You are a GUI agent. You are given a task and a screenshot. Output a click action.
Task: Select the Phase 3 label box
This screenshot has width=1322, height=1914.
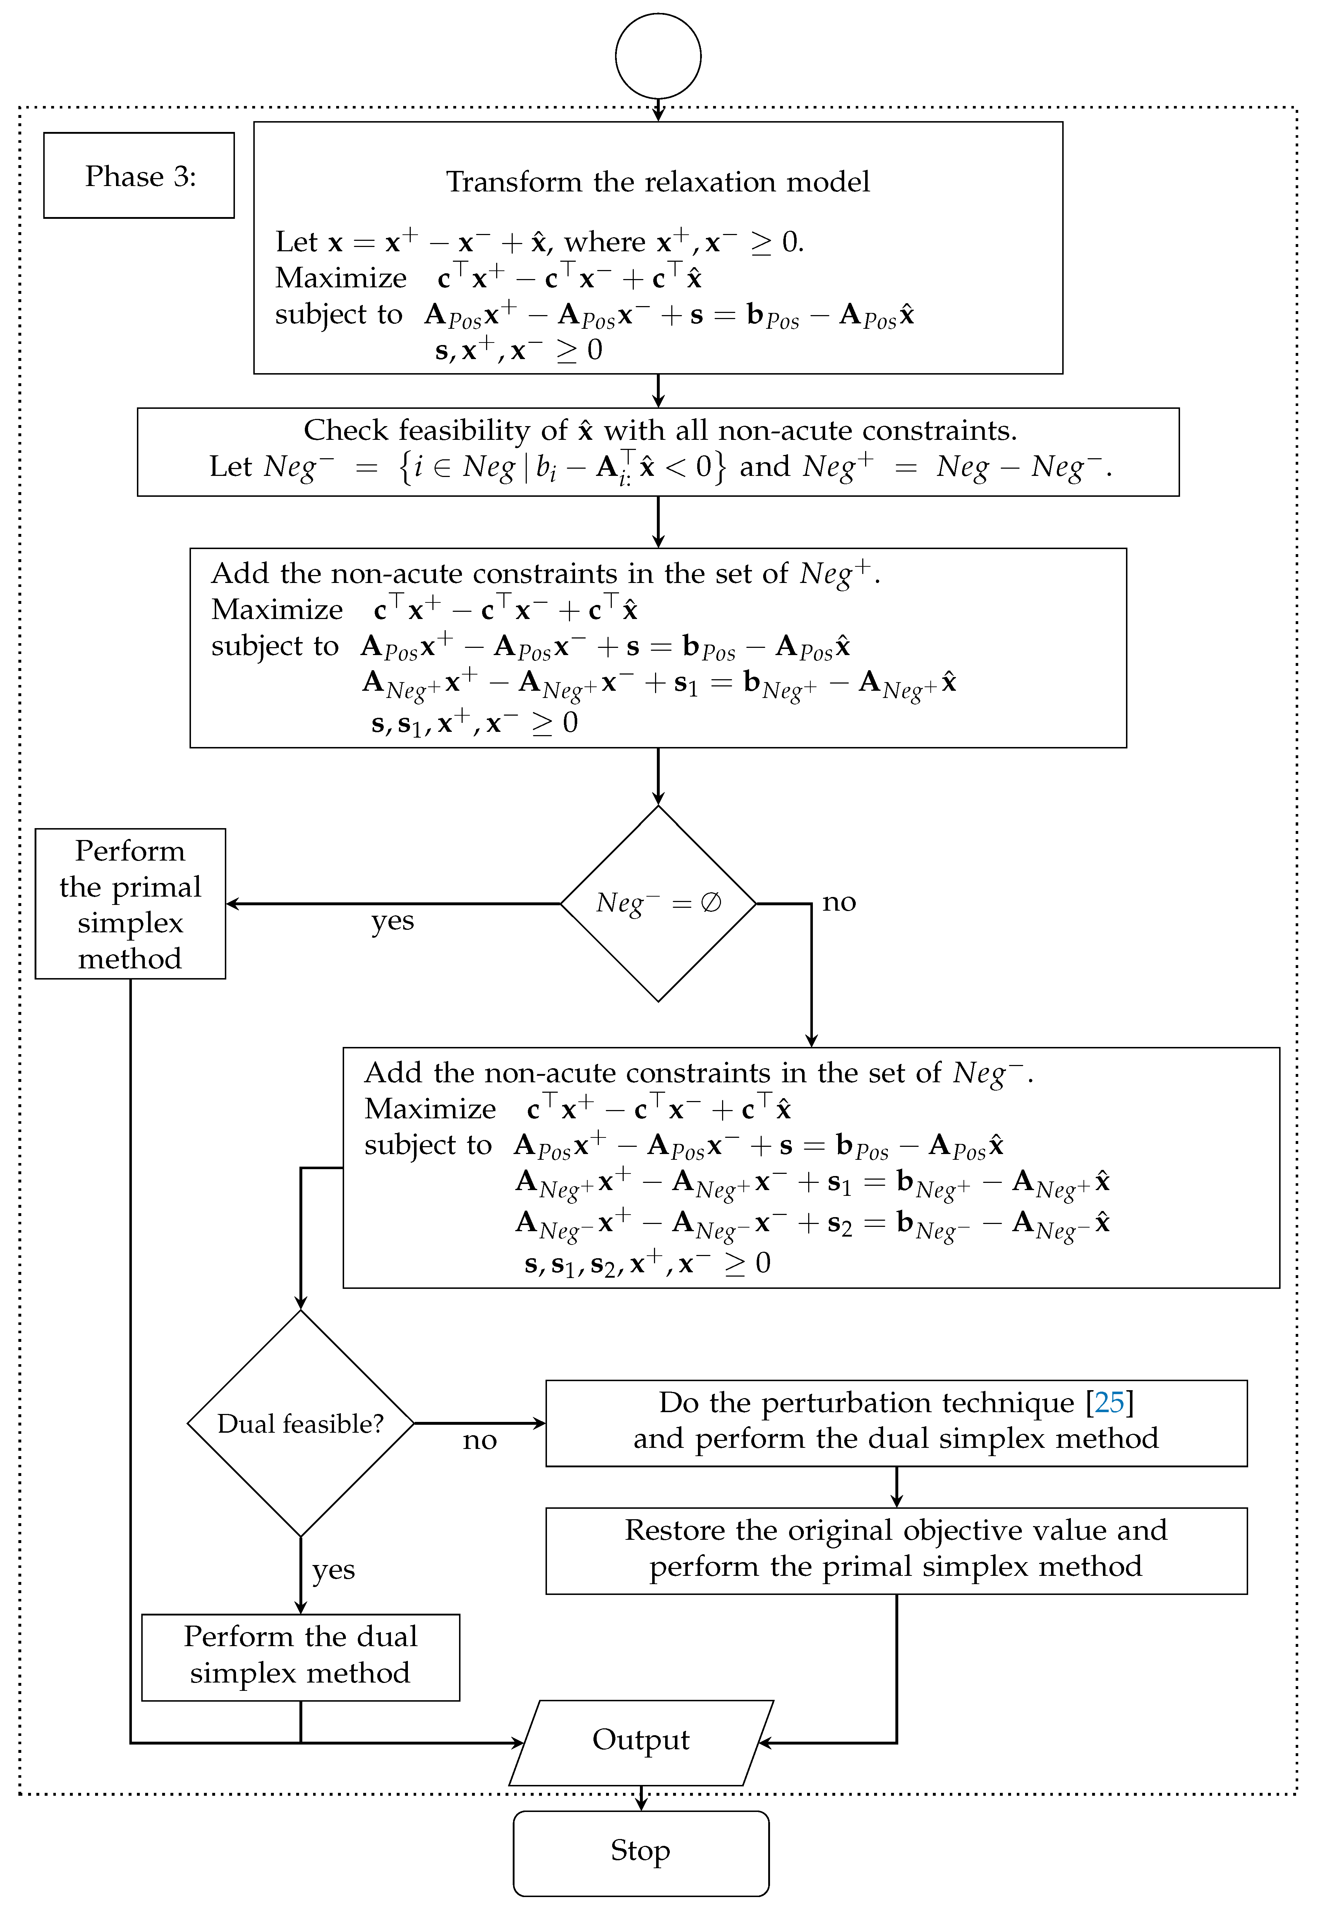click(139, 176)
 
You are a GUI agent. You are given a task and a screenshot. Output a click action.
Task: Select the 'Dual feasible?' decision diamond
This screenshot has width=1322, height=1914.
click(301, 1423)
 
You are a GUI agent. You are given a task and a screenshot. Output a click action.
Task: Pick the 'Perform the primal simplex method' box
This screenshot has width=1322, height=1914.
click(130, 903)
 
